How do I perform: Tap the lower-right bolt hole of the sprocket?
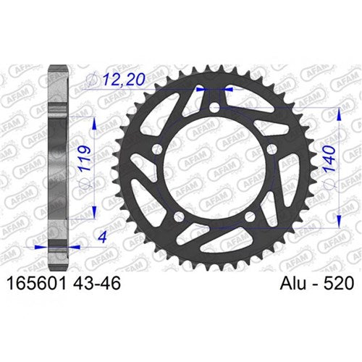point(251,216)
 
